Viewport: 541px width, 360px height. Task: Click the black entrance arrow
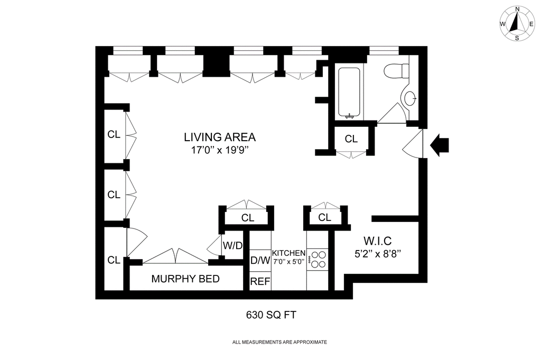pyautogui.click(x=440, y=145)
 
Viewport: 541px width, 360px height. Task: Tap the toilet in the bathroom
pyautogui.click(x=396, y=71)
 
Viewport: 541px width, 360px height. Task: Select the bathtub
pyautogui.click(x=349, y=93)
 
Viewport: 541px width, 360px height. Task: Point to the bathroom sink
pyautogui.click(x=409, y=99)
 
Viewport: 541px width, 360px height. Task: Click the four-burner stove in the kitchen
pyautogui.click(x=318, y=260)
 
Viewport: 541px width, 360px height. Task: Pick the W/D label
pyautogui.click(x=232, y=246)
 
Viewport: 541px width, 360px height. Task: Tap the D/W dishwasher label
pyautogui.click(x=260, y=260)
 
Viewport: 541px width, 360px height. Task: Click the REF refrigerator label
pyautogui.click(x=260, y=282)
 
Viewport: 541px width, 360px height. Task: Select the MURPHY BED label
pyautogui.click(x=185, y=279)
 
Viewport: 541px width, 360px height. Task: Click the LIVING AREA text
pyautogui.click(x=220, y=137)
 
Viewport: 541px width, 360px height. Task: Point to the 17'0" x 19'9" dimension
pyautogui.click(x=220, y=150)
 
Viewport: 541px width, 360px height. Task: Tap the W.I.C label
pyautogui.click(x=377, y=241)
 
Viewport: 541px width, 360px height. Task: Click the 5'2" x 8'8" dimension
pyautogui.click(x=377, y=254)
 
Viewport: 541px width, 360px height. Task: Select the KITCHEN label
pyautogui.click(x=289, y=253)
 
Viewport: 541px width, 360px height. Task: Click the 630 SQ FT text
pyautogui.click(x=271, y=315)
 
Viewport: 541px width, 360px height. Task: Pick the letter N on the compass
pyautogui.click(x=517, y=19)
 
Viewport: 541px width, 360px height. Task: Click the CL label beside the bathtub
pyautogui.click(x=351, y=139)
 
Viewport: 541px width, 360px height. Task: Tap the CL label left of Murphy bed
pyautogui.click(x=114, y=260)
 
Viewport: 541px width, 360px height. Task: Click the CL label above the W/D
pyautogui.click(x=248, y=218)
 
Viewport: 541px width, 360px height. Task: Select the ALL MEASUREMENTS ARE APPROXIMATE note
pyautogui.click(x=279, y=343)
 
